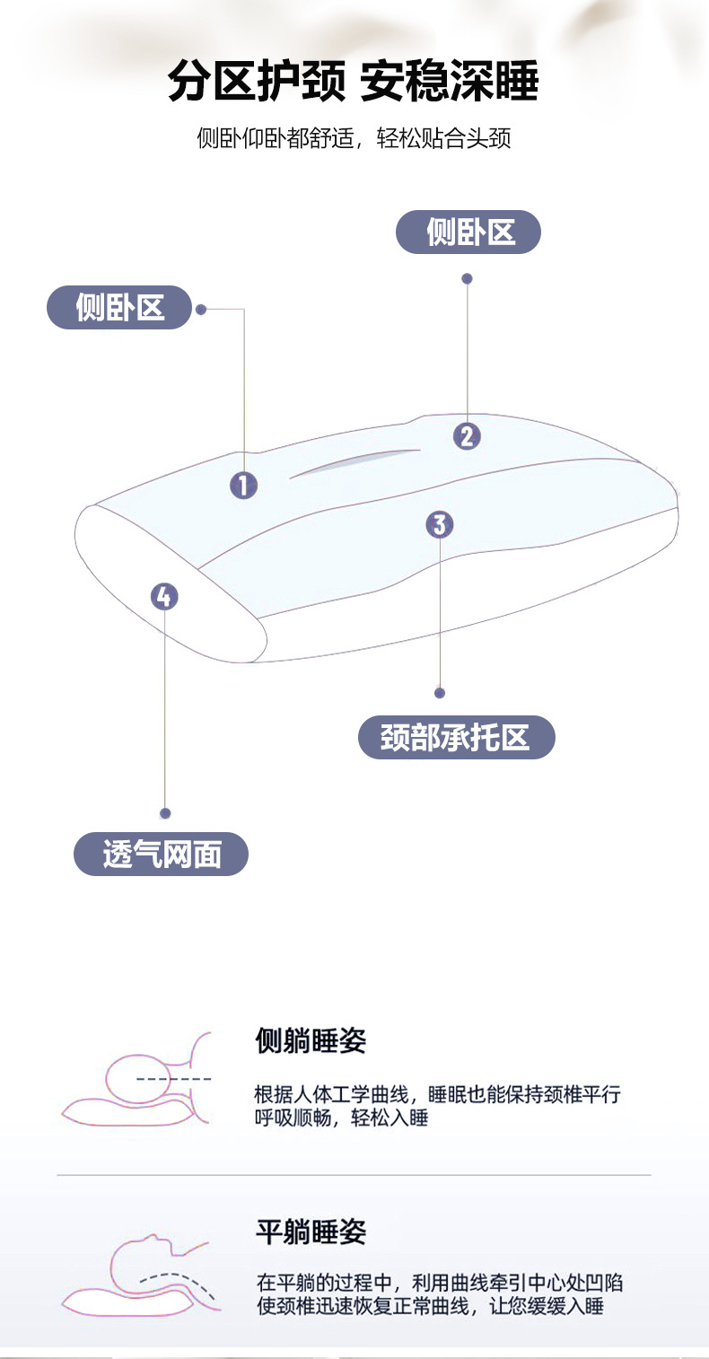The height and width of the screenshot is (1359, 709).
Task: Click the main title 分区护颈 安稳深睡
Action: point(353,81)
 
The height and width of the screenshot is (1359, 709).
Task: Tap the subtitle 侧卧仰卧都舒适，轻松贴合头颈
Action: point(354,138)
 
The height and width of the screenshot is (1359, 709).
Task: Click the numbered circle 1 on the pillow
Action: point(243,486)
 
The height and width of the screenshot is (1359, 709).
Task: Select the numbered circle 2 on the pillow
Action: point(467,436)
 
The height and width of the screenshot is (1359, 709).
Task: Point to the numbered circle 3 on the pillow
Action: point(440,525)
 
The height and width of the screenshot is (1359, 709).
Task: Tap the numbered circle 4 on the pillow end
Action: point(164,597)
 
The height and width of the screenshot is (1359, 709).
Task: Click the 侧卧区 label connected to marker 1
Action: point(119,308)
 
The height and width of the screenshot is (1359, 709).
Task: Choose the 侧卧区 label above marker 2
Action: point(468,232)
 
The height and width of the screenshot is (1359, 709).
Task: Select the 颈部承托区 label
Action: point(456,737)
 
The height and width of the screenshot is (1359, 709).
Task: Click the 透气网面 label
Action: point(162,854)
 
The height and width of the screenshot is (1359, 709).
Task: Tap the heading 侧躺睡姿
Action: point(311,1040)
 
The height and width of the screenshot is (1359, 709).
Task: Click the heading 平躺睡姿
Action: point(311,1232)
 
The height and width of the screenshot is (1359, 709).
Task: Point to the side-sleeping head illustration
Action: point(137,1081)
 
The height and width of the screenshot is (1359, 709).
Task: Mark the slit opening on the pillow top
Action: point(354,462)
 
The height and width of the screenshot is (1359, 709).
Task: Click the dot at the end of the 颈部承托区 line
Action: point(440,693)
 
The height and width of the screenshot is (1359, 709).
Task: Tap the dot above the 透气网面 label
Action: point(165,813)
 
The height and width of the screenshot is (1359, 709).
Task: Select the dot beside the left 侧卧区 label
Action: point(201,310)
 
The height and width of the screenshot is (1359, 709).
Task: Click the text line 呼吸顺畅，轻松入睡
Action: point(341,1118)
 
